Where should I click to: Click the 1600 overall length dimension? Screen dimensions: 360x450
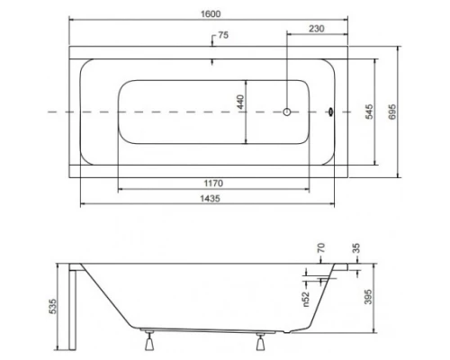tap(211, 13)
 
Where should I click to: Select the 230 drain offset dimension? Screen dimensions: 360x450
tap(315, 28)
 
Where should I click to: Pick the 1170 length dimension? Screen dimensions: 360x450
tap(211, 183)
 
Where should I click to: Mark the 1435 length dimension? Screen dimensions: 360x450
tap(211, 197)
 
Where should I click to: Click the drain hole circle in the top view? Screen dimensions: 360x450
tap(286, 112)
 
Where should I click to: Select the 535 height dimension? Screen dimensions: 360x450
tap(54, 307)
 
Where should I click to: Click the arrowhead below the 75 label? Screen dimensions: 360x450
tap(211, 62)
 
